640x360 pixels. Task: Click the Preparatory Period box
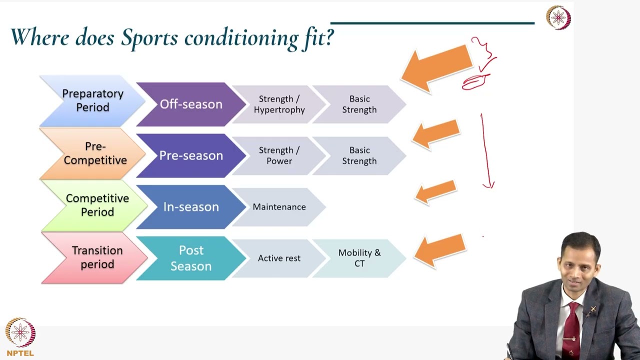click(x=92, y=100)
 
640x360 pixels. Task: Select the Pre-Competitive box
click(x=94, y=153)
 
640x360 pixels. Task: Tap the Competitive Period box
click(x=97, y=205)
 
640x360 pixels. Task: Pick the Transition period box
click(x=97, y=257)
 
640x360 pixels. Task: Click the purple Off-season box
click(x=190, y=104)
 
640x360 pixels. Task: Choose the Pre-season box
click(x=190, y=155)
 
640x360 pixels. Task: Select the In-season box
click(x=190, y=207)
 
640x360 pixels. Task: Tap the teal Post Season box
click(x=190, y=258)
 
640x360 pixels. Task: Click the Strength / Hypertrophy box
click(x=278, y=104)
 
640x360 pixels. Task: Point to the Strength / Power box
click(x=278, y=155)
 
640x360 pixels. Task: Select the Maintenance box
click(x=278, y=207)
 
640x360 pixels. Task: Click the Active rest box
click(x=278, y=258)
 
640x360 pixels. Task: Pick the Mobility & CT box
click(x=359, y=258)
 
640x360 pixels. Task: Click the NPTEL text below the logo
click(x=20, y=353)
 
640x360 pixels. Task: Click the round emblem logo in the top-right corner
click(x=558, y=18)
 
